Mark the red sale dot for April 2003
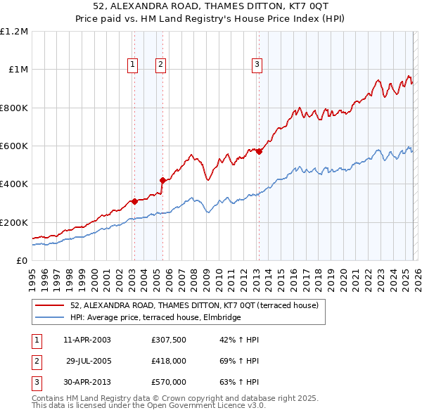[x=134, y=202]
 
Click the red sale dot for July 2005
[x=162, y=181]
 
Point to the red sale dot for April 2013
[x=259, y=151]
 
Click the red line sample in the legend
[x=50, y=305]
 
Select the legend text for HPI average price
[x=155, y=317]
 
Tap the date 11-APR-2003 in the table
[x=87, y=340]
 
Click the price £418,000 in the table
[x=169, y=361]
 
